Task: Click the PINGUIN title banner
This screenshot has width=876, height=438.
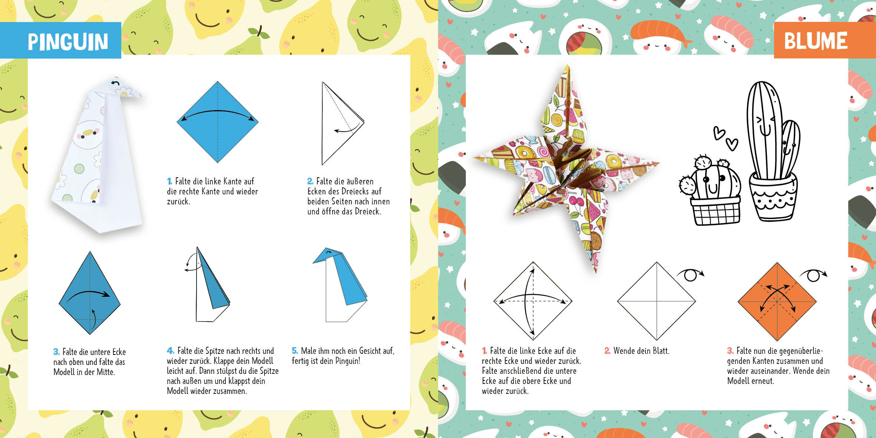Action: tap(60, 40)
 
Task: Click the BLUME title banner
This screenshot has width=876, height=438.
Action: tap(825, 40)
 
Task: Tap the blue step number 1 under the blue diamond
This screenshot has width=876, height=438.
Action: tap(169, 181)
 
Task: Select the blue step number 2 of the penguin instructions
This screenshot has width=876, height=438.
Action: tap(310, 181)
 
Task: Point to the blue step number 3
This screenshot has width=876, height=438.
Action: tap(56, 352)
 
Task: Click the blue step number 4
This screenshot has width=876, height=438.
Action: tap(170, 350)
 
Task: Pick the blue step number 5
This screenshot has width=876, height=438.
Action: tap(295, 350)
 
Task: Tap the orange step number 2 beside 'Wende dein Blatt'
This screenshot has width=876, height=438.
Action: tap(607, 350)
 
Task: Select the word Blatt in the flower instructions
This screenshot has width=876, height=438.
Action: tap(660, 350)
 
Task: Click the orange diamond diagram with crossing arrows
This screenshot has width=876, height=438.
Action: tap(777, 302)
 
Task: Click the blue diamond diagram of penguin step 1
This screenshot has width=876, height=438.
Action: tap(218, 122)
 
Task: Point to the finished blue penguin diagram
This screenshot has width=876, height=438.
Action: tap(340, 284)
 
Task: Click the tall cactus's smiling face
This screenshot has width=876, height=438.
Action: tap(765, 126)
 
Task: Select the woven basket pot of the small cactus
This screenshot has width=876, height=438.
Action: tap(716, 210)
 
